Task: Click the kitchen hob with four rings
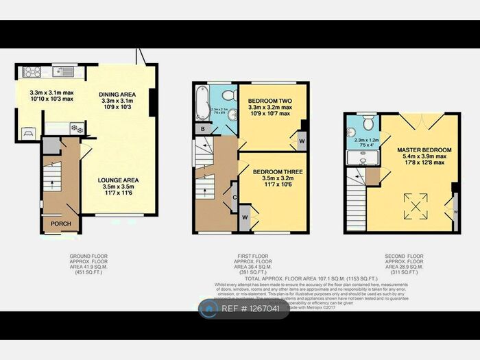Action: [32, 71]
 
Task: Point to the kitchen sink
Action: [64, 71]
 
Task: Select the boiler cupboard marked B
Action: [202, 128]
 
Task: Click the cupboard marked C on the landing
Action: [235, 197]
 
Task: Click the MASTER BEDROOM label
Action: [424, 149]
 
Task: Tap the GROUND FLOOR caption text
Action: [88, 256]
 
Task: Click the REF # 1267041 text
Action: [252, 309]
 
